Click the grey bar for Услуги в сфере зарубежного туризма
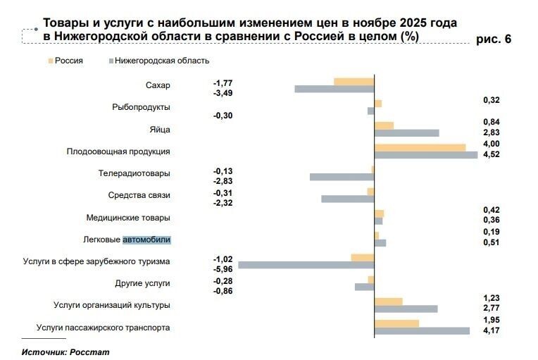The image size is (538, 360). click(306, 265)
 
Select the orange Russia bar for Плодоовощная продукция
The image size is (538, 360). click(420, 147)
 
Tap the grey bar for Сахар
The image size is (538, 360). click(334, 89)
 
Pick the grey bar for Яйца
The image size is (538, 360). click(406, 133)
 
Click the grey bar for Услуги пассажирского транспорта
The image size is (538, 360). click(422, 331)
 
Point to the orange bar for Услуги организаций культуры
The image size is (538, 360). click(388, 302)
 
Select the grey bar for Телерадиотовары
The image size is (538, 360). click(342, 177)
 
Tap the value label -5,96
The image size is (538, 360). click(223, 269)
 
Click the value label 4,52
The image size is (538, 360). click(492, 154)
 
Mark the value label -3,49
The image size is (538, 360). click(223, 93)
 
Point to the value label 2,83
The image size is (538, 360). click(492, 132)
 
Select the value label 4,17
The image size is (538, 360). click(492, 330)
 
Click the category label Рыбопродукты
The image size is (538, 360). click(141, 107)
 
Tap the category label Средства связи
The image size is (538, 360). click(139, 195)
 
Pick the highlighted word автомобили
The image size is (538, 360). click(146, 240)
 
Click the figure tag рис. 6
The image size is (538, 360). click(494, 39)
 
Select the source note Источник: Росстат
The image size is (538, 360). click(65, 351)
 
